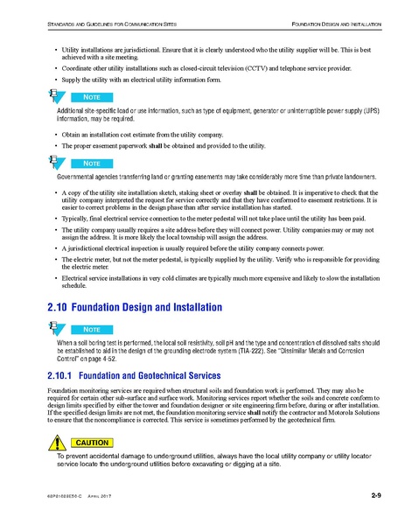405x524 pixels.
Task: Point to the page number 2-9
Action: click(x=376, y=498)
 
